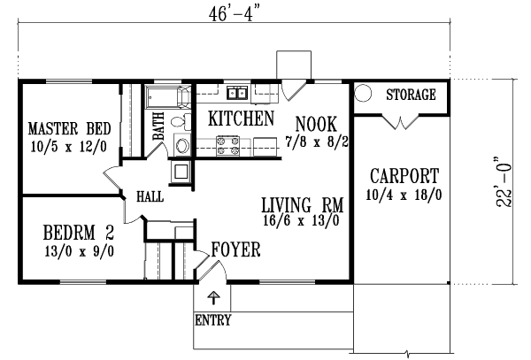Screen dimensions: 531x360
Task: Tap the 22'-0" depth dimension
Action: pyautogui.click(x=504, y=181)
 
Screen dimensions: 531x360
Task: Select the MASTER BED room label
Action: pyautogui.click(x=69, y=129)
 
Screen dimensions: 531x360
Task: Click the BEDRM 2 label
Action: pyautogui.click(x=79, y=233)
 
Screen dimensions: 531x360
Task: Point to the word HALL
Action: pyautogui.click(x=150, y=196)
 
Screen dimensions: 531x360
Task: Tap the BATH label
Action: pyautogui.click(x=158, y=126)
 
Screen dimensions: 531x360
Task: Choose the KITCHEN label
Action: pyautogui.click(x=241, y=119)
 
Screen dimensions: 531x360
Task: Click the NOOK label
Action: pyautogui.click(x=316, y=124)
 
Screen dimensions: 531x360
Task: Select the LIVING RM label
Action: pyautogui.click(x=303, y=205)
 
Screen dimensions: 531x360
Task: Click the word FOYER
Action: pyautogui.click(x=236, y=249)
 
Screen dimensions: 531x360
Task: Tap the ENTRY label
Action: pyautogui.click(x=213, y=319)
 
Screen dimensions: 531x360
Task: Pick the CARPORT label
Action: pyautogui.click(x=404, y=176)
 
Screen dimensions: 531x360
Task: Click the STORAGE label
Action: pyautogui.click(x=411, y=95)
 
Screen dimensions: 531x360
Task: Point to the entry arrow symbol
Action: pyautogui.click(x=213, y=297)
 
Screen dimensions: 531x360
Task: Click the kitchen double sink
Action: pyautogui.click(x=237, y=93)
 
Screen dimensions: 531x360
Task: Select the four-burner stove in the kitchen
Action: pyautogui.click(x=227, y=146)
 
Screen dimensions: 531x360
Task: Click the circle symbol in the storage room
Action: pyautogui.click(x=363, y=93)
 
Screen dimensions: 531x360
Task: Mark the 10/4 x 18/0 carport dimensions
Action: pyautogui.click(x=404, y=195)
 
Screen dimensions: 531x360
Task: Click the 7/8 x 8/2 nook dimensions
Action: pyautogui.click(x=317, y=142)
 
